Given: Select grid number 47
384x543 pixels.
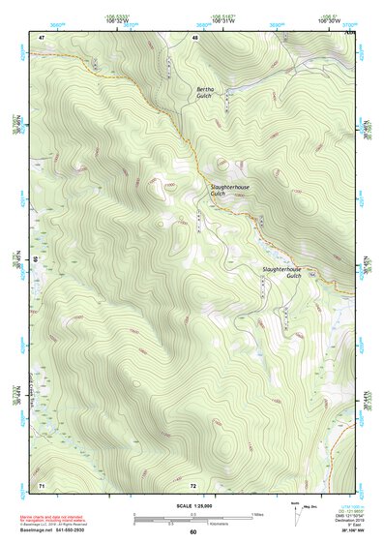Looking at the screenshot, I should point(42,37).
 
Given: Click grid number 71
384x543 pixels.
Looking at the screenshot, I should point(42,483).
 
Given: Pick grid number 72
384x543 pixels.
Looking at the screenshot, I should point(193,483).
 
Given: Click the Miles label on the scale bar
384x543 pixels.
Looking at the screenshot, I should point(256,513).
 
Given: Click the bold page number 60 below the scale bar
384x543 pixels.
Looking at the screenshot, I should point(192,532).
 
